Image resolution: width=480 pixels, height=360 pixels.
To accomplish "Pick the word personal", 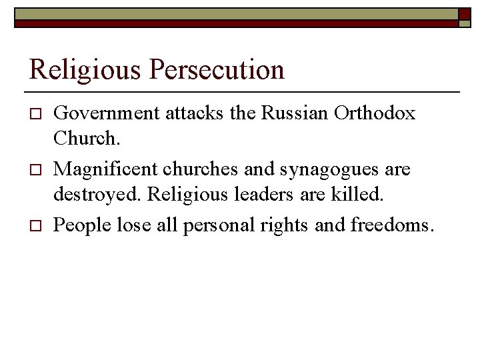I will [x=212, y=226].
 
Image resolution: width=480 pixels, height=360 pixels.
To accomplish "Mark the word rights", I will [x=281, y=226].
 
